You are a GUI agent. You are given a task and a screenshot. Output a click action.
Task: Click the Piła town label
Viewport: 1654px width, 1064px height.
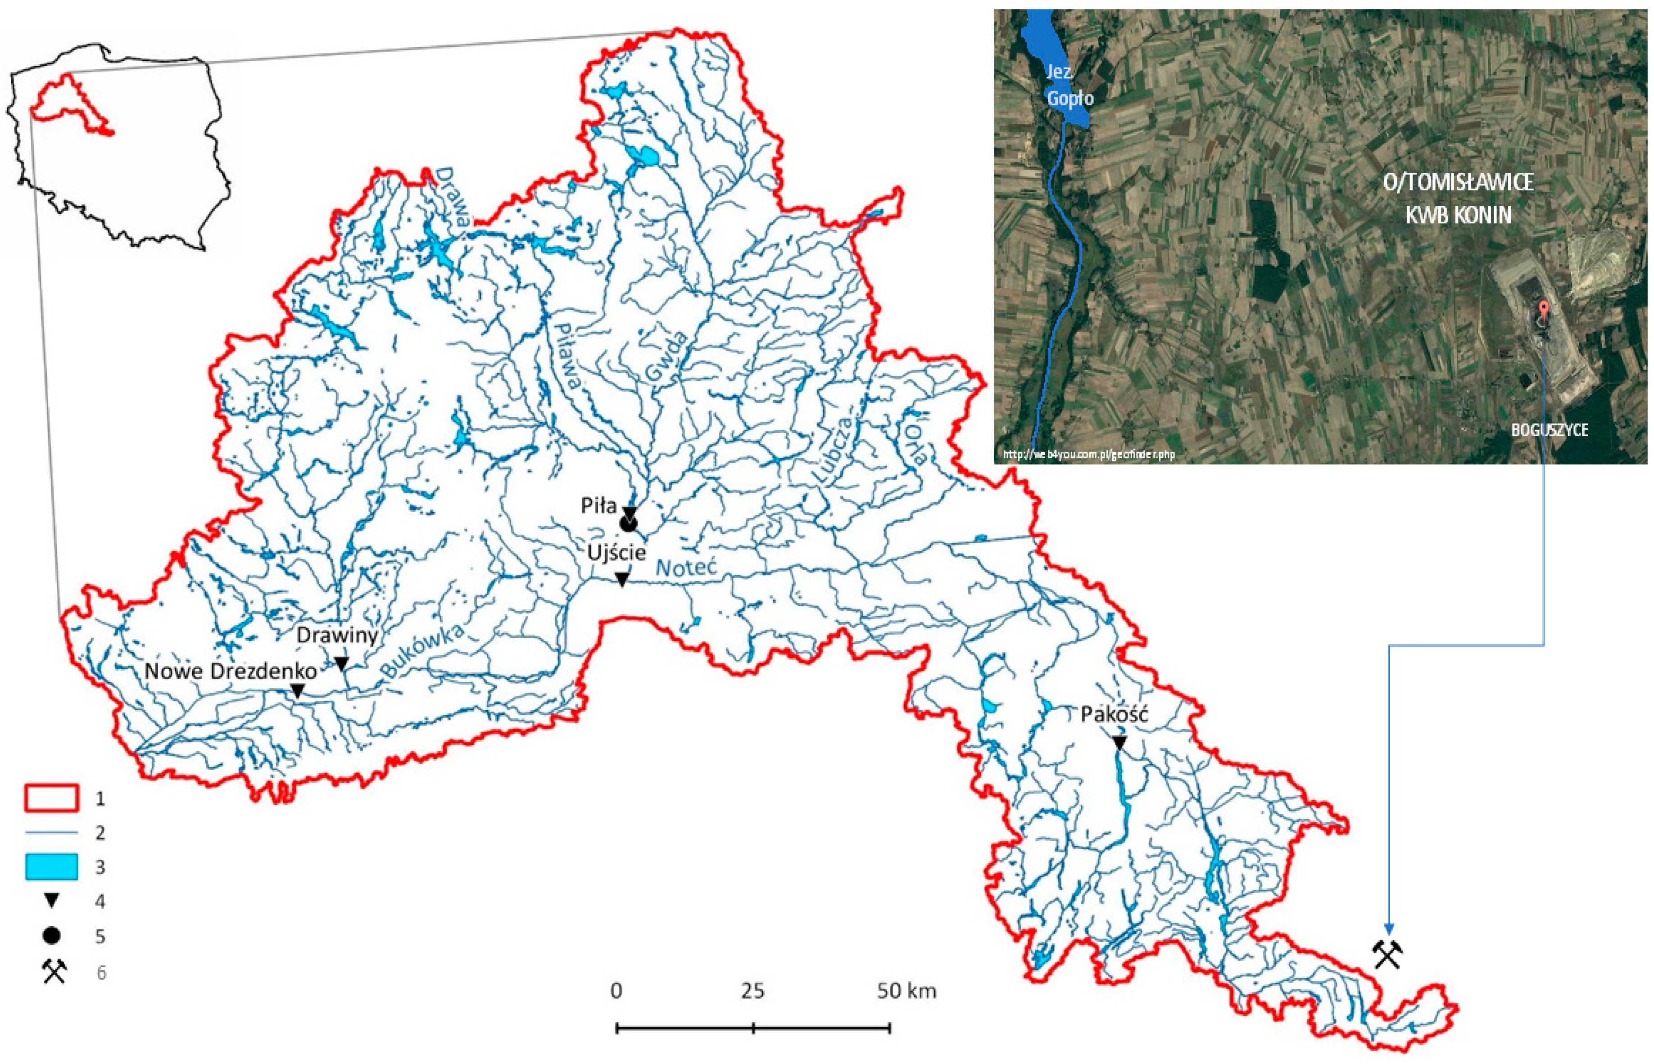(598, 506)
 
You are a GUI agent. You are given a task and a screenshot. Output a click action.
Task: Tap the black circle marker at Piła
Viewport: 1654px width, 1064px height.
(628, 524)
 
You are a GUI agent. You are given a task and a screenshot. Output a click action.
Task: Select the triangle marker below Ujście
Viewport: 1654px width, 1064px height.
(622, 579)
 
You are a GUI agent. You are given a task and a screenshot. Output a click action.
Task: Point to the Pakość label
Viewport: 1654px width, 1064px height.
(1114, 714)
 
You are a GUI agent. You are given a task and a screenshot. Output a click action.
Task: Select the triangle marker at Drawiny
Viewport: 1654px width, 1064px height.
(341, 663)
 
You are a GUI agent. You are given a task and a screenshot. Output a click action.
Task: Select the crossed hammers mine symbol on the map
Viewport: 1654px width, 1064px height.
(1387, 954)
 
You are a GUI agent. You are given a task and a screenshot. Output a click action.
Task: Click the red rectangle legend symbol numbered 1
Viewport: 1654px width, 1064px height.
(52, 798)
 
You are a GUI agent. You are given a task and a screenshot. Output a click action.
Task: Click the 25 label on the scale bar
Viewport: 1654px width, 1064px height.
(752, 991)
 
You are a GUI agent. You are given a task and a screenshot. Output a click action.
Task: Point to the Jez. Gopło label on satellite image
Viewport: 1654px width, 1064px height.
(1068, 85)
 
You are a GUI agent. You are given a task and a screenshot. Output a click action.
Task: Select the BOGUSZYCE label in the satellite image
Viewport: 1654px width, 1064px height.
(1549, 430)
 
